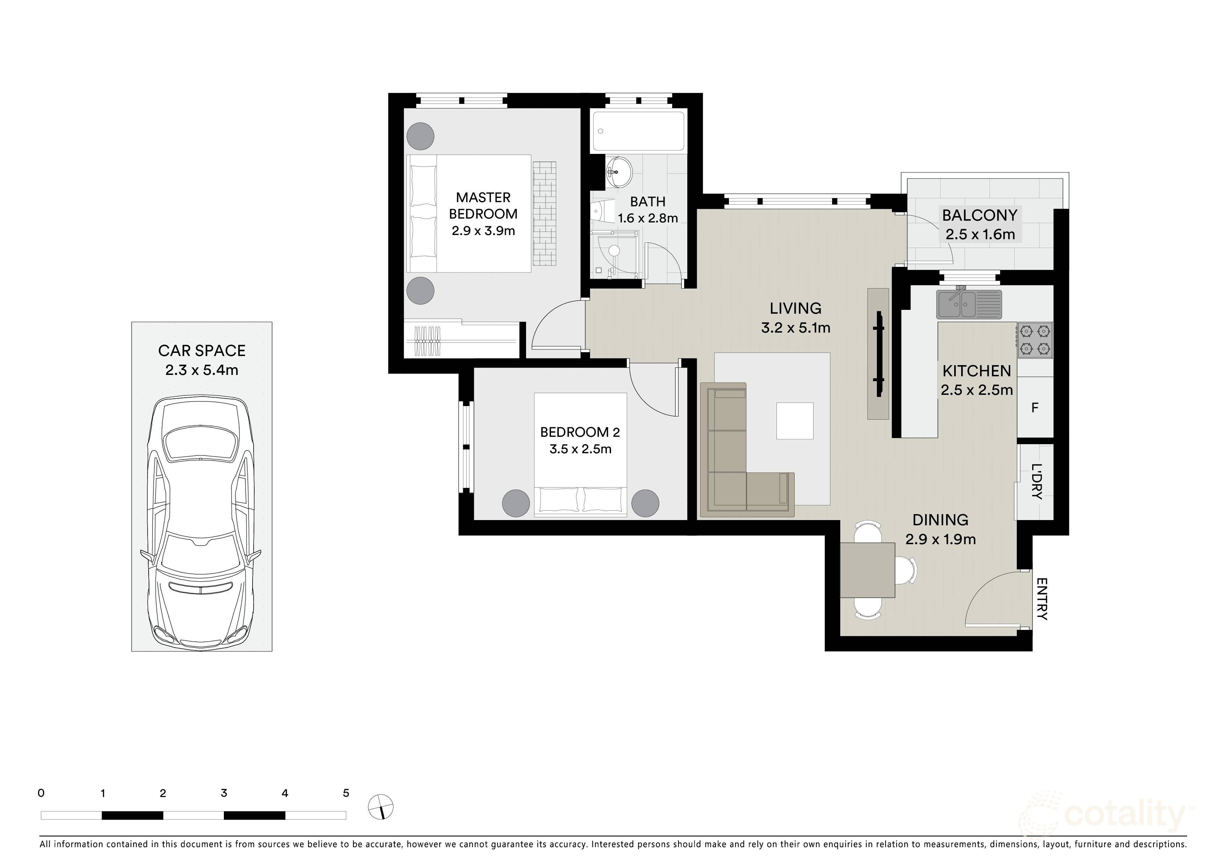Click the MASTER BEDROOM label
point(483,206)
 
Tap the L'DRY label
point(1036,481)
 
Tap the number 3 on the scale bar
point(224,793)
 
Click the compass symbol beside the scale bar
point(381,806)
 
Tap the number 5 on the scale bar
point(346,793)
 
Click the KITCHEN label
point(977,371)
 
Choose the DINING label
point(941,520)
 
